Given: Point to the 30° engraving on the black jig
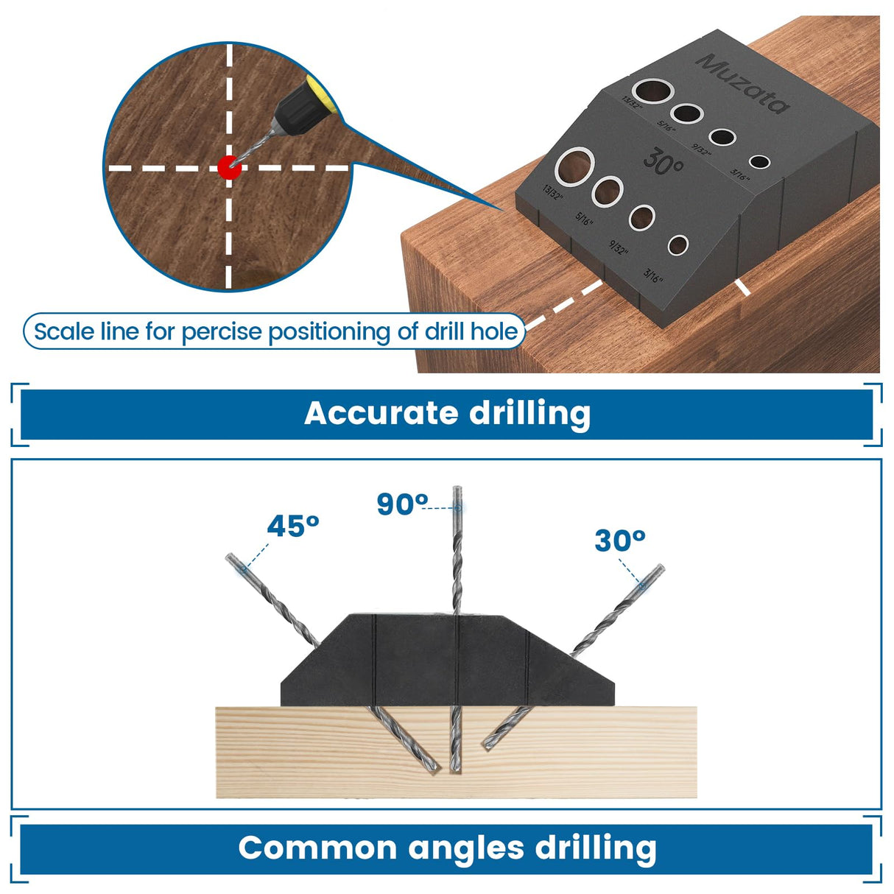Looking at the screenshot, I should [664, 161].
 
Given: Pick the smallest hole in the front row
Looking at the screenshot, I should [677, 245].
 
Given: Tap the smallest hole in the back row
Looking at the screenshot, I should [759, 162].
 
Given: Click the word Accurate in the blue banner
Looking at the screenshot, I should [381, 413].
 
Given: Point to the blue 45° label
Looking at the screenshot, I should [292, 527].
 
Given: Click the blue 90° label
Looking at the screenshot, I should [402, 504].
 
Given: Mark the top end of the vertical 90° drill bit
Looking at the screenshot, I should [457, 490].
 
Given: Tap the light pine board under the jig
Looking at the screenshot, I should [589, 759].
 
